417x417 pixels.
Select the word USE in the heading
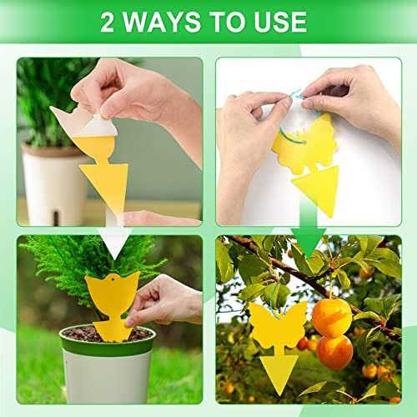279,22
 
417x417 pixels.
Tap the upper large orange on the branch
331,317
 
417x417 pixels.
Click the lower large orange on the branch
334,352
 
